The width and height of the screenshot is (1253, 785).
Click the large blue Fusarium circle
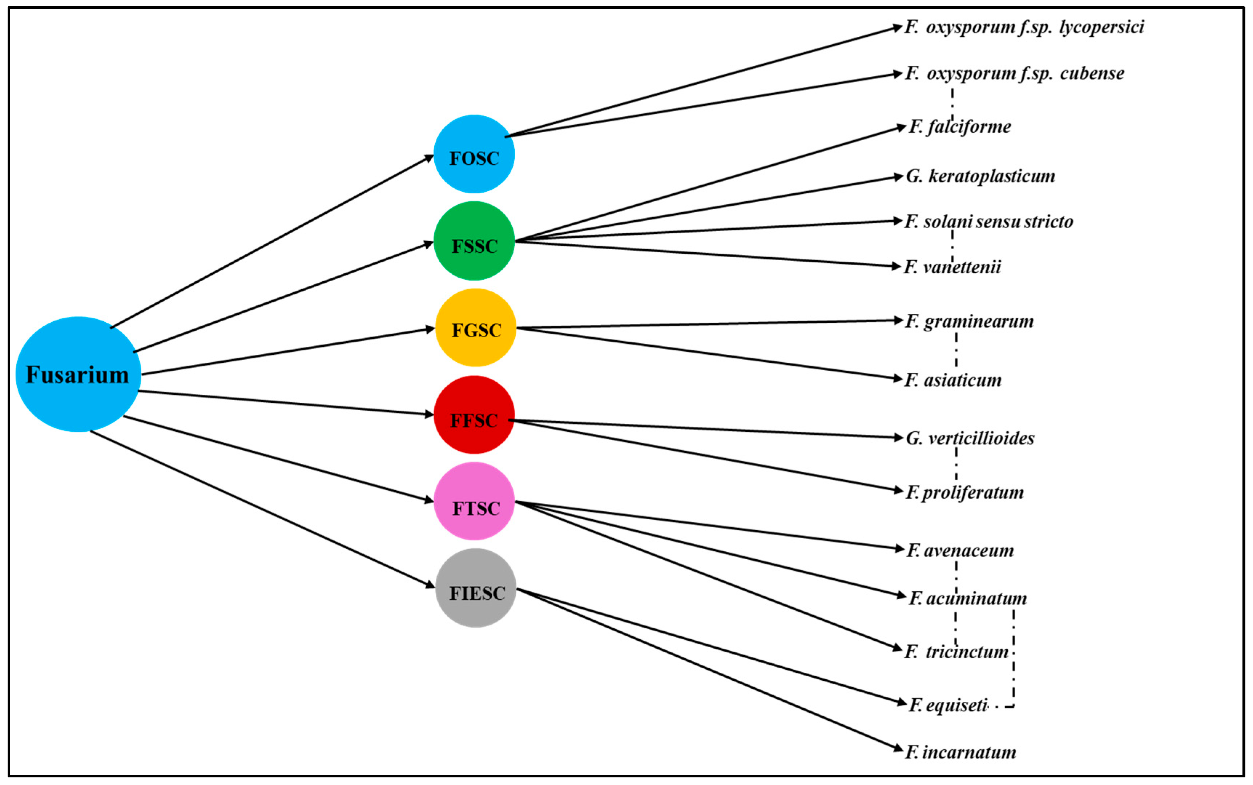(78, 374)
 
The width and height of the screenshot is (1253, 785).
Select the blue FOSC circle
(474, 154)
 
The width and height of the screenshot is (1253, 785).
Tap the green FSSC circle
(474, 241)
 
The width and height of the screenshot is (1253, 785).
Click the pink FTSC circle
(474, 502)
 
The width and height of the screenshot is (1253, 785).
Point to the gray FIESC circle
(475, 589)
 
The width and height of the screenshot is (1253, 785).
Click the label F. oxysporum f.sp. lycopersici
(1024, 27)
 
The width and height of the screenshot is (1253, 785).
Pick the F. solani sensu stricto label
(988, 222)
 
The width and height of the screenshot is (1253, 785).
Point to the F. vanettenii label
(952, 267)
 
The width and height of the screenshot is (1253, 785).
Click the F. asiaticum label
(953, 381)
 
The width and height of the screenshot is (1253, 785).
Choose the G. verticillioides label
(970, 439)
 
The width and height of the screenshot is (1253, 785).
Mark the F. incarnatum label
(960, 752)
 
